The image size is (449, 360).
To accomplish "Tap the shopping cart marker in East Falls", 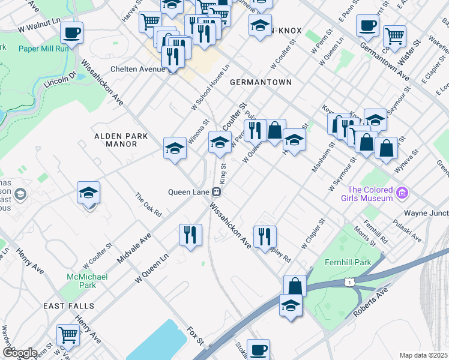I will tap(68, 335).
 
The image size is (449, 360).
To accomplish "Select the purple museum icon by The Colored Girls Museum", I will tap(402, 194).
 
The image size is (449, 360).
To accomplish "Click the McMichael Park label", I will tap(87, 281).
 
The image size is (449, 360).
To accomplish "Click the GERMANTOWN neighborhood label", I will tap(260, 82).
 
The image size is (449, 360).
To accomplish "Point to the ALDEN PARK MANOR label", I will tap(121, 140).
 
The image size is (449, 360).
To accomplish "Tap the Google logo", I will tap(19, 353).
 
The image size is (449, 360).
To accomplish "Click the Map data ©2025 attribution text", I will tap(423, 355).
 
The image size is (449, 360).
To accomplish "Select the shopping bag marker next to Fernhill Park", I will tap(295, 286).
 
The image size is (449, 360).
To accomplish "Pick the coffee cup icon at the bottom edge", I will tap(259, 349).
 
